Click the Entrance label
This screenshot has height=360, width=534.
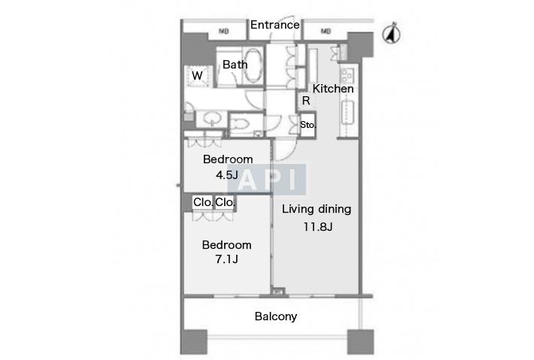275,25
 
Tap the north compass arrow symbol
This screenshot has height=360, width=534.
391,33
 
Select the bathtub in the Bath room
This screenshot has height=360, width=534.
253,65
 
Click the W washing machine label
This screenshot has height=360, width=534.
197,76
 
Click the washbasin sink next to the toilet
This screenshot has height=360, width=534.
213,119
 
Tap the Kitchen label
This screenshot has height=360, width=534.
333,89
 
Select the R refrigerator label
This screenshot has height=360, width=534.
306,101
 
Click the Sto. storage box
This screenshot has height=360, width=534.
308,125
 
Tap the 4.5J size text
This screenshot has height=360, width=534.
227,175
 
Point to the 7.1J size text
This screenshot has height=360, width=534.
227,259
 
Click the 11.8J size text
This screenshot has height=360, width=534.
317,227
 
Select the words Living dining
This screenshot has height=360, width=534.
317,209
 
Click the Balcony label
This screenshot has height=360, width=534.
276,316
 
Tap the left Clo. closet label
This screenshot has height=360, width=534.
203,202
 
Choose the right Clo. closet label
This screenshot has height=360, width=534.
225,202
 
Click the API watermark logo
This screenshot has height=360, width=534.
267,180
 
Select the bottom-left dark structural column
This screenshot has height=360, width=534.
194,342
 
